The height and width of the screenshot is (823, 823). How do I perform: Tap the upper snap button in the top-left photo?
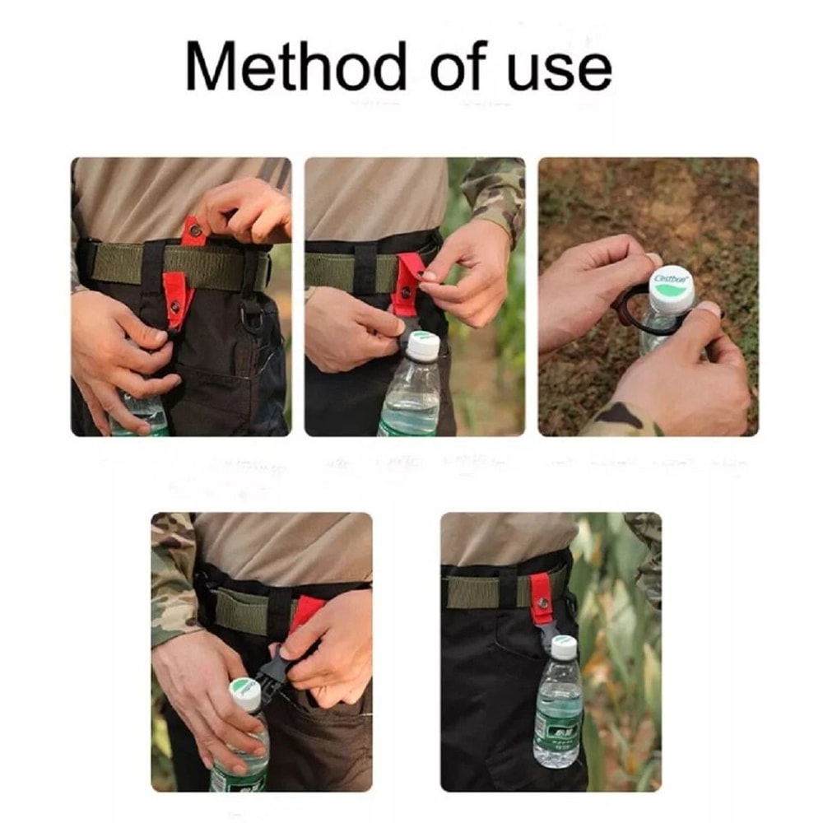[196, 230]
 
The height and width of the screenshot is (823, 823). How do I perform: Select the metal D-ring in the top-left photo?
[253, 314]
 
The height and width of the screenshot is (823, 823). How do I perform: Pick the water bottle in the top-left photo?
[140, 416]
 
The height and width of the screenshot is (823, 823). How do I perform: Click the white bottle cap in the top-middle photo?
[423, 344]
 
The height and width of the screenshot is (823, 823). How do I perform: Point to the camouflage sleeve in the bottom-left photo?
[171, 576]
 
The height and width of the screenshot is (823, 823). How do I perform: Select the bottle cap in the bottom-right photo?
[563, 646]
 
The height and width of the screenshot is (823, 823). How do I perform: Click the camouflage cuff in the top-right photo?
[617, 420]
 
